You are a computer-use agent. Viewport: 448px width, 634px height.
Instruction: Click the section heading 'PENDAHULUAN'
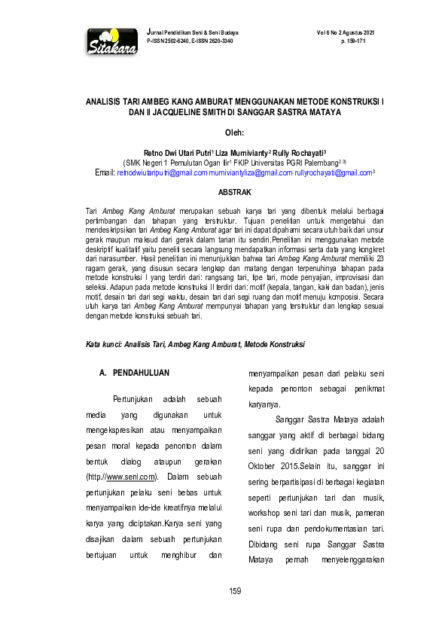(x=142, y=373)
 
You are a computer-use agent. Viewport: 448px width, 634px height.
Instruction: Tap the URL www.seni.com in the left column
(x=131, y=477)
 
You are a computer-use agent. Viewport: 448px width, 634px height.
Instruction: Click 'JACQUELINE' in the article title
(x=172, y=112)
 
